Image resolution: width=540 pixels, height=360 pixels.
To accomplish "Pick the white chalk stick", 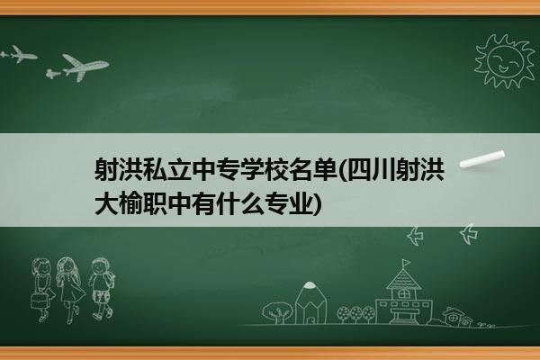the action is click(482, 159).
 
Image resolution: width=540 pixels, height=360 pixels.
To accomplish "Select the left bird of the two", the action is click(416, 236).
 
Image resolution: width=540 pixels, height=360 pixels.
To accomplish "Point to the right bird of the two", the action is click(469, 234).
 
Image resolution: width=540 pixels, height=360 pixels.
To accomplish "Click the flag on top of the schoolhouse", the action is click(406, 263).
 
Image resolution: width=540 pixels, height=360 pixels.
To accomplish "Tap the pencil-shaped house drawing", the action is click(310, 302).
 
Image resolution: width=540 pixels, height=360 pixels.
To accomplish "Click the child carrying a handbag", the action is click(42, 290).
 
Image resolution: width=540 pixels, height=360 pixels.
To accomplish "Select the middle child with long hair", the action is click(70, 290).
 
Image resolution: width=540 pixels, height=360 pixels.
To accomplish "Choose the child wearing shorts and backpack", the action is click(102, 289).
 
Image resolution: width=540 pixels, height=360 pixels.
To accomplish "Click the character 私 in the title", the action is click(155, 169).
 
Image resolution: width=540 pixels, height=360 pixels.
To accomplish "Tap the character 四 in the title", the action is click(361, 169).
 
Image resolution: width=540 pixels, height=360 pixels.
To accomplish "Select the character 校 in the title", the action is click(276, 169).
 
